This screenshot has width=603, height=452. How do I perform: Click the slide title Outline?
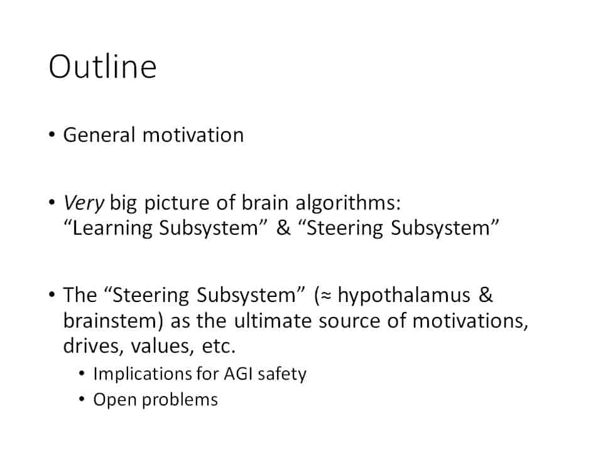click(102, 67)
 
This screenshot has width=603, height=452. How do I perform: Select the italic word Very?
click(84, 203)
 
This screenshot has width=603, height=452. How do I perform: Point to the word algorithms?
click(348, 203)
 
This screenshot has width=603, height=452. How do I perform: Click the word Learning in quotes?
click(113, 229)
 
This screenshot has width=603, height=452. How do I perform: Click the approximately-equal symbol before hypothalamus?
click(326, 296)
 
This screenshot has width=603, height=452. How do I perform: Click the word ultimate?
click(273, 321)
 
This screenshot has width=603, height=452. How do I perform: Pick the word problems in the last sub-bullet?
click(180, 400)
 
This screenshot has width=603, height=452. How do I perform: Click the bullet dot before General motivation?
click(52, 136)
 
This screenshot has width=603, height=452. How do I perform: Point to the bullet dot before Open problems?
click(82, 399)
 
